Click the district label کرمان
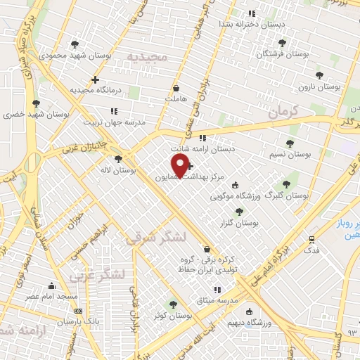click(x=284, y=110)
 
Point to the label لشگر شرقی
click(x=155, y=238)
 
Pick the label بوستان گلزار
click(x=239, y=222)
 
